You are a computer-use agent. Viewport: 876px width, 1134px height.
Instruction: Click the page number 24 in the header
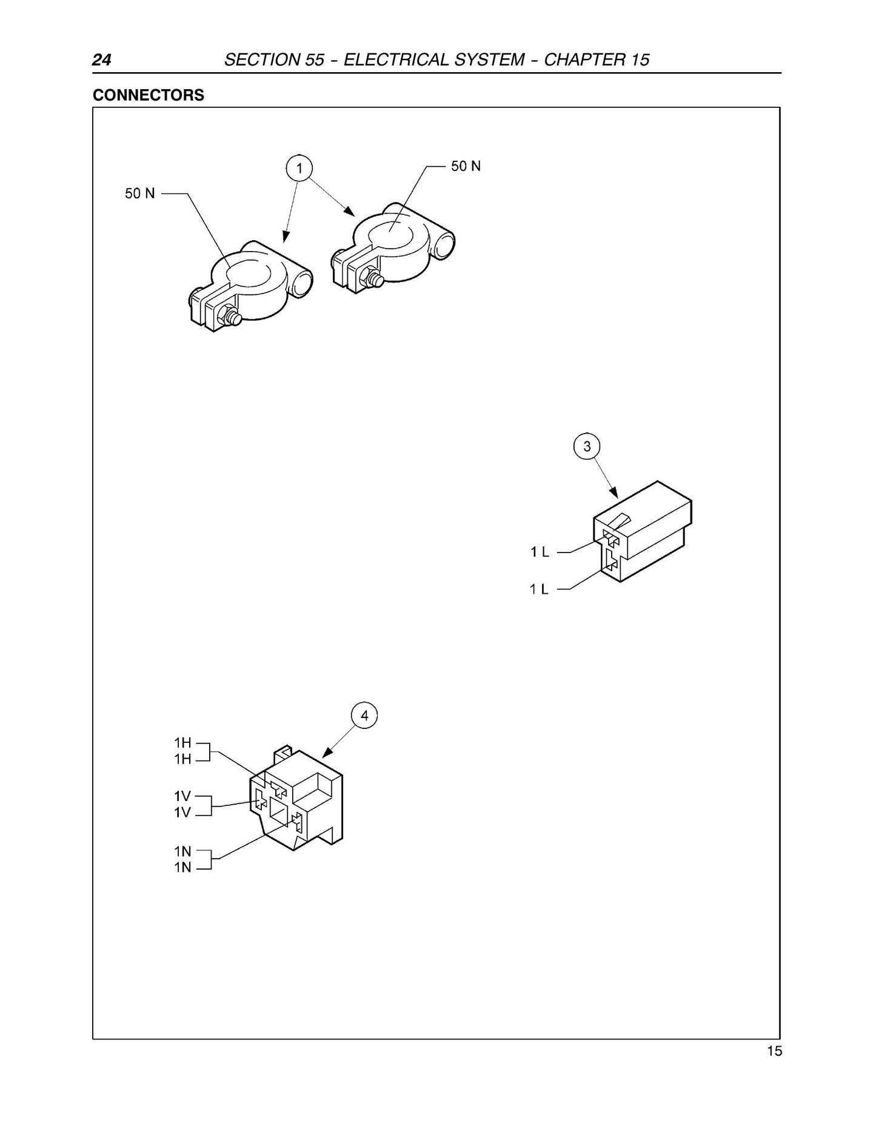(x=101, y=60)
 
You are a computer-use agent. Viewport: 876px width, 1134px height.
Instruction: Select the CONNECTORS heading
(x=149, y=95)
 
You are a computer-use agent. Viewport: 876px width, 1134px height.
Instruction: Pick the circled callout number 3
(x=587, y=447)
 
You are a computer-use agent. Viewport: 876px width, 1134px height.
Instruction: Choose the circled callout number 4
(x=364, y=716)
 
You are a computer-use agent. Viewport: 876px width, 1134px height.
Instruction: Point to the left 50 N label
(x=140, y=193)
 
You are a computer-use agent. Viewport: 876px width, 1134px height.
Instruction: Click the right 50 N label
(x=466, y=166)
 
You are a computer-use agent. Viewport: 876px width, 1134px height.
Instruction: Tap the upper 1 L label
(x=540, y=552)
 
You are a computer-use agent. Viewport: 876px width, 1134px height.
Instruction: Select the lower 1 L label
(x=540, y=589)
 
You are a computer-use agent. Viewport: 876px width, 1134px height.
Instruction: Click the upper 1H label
(x=182, y=742)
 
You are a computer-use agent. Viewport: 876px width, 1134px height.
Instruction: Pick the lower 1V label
(x=182, y=812)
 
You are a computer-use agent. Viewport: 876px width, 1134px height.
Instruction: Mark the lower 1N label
(x=182, y=867)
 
